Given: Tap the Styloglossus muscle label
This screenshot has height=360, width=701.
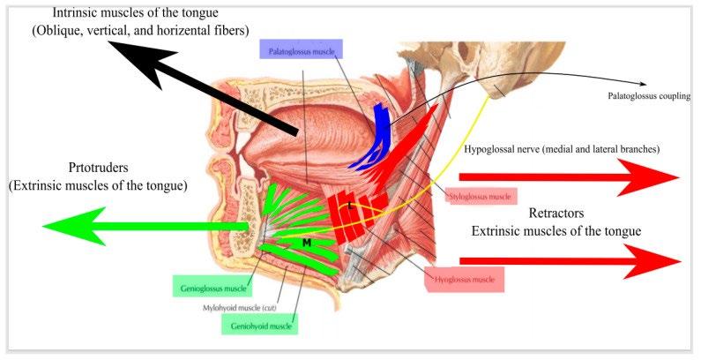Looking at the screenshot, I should click(481, 196).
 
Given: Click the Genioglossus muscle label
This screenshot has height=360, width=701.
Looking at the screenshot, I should click(209, 287).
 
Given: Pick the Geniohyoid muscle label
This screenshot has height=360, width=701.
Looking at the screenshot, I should click(259, 325).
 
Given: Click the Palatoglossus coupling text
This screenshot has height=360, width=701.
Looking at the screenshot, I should click(648, 95).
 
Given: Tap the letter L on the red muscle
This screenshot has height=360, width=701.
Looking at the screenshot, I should click(350, 206).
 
